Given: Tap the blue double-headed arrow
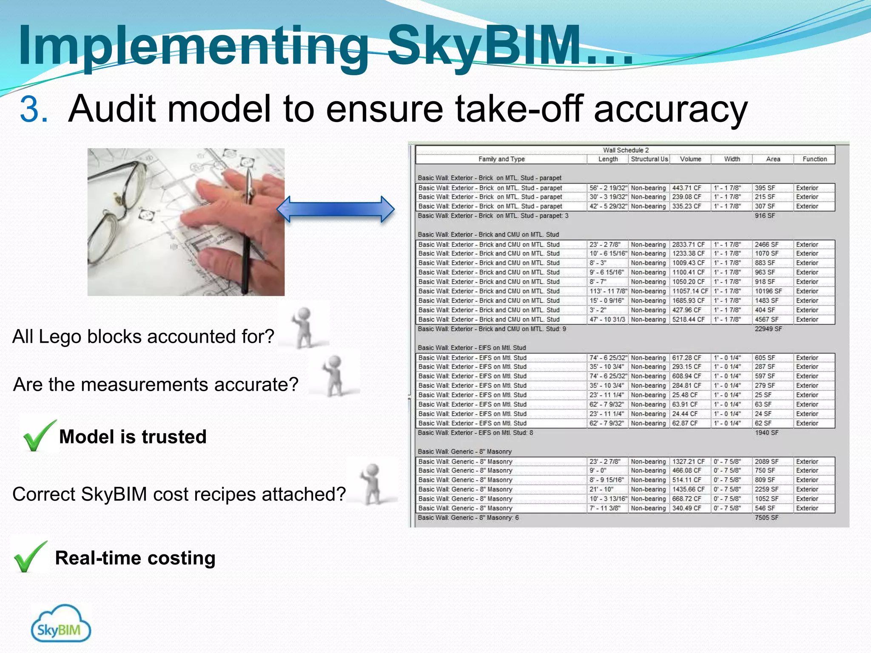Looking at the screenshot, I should tap(335, 209).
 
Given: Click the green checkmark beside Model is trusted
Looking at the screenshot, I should tap(39, 435).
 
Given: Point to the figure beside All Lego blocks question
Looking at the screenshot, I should tap(304, 326).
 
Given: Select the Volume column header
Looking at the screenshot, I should tap(690, 159).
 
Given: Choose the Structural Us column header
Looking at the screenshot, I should tap(649, 159).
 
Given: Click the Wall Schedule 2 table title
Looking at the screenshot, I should tap(626, 150).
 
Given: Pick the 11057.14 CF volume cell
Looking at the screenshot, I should tap(690, 291).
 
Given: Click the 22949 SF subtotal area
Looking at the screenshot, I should tap(768, 329).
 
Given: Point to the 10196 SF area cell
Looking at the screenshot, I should tap(768, 291).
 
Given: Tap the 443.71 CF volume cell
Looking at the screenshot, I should tap(686, 188).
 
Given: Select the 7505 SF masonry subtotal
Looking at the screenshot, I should tap(766, 518).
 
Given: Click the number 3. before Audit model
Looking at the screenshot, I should tap(34, 109).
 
